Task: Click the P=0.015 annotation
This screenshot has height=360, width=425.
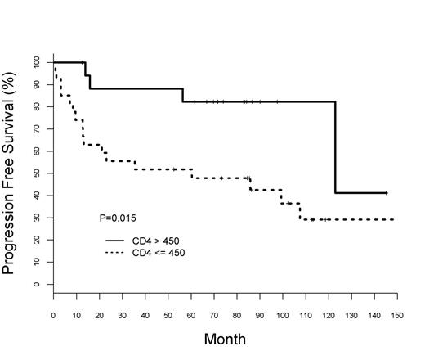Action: point(118,218)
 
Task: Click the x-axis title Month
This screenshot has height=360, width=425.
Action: point(224,339)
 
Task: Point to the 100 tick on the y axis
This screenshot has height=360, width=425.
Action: point(37,62)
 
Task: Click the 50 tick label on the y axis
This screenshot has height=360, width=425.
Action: point(37,173)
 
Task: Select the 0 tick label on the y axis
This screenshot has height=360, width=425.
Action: point(37,285)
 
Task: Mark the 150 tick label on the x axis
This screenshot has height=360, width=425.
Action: point(397,314)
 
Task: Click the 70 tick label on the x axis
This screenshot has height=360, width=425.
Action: point(214,314)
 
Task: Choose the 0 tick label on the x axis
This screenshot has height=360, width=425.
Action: point(53,314)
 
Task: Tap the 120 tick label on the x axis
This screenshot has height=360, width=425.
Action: point(329,314)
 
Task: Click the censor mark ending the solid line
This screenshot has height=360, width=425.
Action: point(386,193)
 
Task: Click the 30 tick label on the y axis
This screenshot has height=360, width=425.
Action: point(37,218)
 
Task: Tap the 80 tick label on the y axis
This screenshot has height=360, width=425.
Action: point(37,106)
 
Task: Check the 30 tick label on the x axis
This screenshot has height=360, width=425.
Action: point(122,314)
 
